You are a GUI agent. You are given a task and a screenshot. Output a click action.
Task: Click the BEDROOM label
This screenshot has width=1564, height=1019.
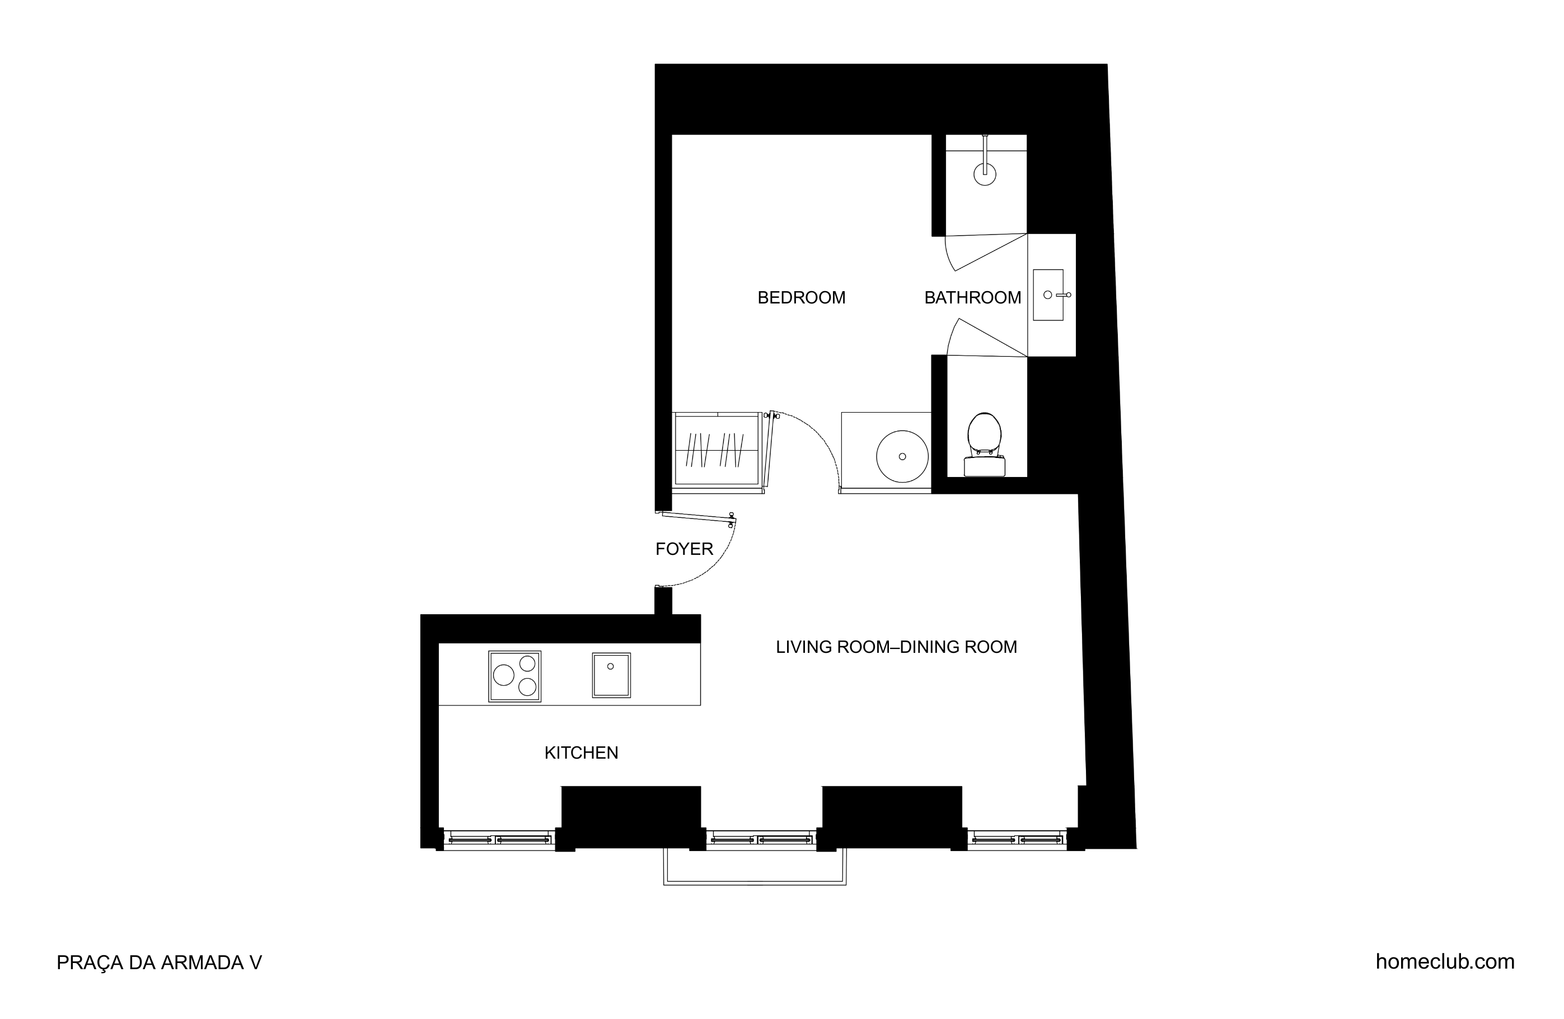click(x=801, y=298)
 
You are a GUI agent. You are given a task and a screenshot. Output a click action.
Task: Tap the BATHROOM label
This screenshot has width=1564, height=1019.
click(x=972, y=298)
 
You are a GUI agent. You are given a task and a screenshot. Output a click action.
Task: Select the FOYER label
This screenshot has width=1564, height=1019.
click(x=684, y=549)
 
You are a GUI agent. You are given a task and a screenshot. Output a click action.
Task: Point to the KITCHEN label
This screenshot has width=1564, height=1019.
click(x=581, y=752)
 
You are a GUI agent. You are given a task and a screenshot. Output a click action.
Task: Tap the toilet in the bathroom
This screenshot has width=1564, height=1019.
click(x=985, y=445)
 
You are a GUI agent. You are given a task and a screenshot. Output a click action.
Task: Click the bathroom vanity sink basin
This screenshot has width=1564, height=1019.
click(x=1048, y=295)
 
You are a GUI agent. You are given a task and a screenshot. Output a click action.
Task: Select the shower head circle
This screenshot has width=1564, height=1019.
click(x=985, y=174)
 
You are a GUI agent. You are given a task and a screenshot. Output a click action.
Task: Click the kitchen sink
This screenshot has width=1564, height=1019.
click(x=611, y=675)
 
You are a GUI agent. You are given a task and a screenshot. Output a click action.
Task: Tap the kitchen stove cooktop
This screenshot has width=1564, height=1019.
click(x=514, y=676)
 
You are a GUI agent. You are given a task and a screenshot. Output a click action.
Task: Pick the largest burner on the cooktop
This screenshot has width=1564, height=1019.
click(x=503, y=675)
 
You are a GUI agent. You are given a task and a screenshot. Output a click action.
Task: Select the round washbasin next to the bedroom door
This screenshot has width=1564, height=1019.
click(x=902, y=456)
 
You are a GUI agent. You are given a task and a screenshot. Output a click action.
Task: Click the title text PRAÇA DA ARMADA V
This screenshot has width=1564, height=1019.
click(x=159, y=962)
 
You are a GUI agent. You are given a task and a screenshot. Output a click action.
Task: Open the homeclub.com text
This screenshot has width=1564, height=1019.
click(x=1445, y=962)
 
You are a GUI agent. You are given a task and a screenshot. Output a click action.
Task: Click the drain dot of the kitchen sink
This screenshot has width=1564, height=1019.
click(x=611, y=667)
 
